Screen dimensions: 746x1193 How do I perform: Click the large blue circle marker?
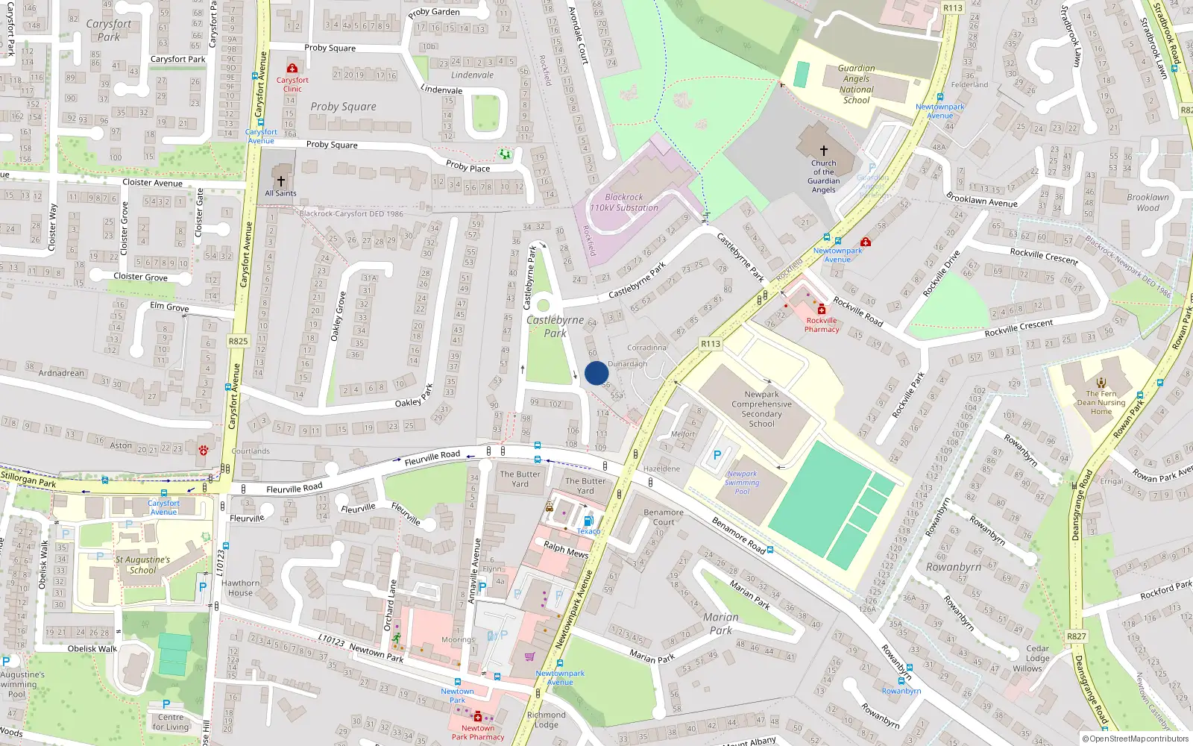(x=596, y=373)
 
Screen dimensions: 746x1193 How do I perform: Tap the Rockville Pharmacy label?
(x=822, y=325)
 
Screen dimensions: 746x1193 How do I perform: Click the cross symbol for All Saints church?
(x=281, y=181)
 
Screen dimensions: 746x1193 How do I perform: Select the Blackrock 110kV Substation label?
(x=624, y=203)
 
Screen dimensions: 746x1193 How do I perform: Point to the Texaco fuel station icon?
(x=588, y=521)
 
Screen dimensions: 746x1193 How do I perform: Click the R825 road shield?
(x=238, y=341)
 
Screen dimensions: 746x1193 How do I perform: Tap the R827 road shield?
(x=1076, y=636)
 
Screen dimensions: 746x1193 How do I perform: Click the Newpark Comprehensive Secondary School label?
(x=761, y=409)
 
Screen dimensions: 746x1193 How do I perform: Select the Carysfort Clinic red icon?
(x=292, y=69)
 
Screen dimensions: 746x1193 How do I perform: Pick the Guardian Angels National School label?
(x=856, y=84)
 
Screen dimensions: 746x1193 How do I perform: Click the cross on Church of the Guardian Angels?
(x=824, y=151)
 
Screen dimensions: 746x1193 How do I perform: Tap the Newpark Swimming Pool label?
(x=742, y=483)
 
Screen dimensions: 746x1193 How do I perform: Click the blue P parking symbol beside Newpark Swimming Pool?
(x=717, y=454)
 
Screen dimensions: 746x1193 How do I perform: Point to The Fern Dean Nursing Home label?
(x=1101, y=403)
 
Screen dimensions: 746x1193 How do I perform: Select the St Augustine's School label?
(x=142, y=565)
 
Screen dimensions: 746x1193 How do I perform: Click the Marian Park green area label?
(x=720, y=624)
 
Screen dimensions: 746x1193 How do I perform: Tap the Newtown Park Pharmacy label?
(x=478, y=733)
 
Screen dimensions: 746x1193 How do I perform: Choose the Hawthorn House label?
(x=240, y=588)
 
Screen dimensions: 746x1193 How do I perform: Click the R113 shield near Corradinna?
(x=711, y=344)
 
